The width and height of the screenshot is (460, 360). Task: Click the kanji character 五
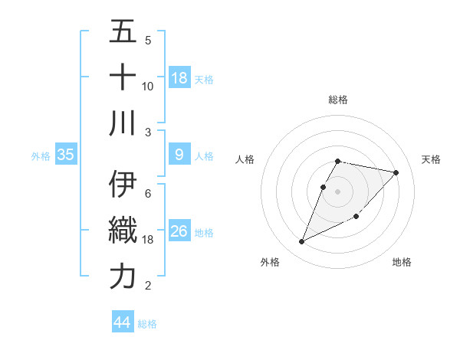tap(123, 33)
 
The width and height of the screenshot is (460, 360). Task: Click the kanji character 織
tap(123, 231)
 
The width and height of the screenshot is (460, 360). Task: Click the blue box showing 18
tap(179, 77)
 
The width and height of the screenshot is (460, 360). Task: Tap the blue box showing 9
tap(179, 155)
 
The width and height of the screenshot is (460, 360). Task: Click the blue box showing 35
tap(66, 155)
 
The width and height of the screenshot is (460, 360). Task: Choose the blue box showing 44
tap(123, 322)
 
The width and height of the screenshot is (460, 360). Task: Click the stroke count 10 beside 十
tap(148, 86)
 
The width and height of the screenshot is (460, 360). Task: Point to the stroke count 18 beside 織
tap(148, 240)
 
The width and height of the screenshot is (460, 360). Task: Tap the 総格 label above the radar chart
tap(338, 100)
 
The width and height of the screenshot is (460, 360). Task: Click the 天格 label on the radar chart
tap(431, 159)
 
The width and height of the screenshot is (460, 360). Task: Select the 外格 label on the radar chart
tap(270, 262)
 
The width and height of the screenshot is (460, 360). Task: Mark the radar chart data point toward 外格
tap(301, 242)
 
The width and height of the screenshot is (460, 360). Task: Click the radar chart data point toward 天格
tap(396, 172)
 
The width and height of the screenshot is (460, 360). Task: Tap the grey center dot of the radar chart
tap(338, 191)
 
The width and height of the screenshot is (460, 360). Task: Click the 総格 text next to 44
tap(147, 324)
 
